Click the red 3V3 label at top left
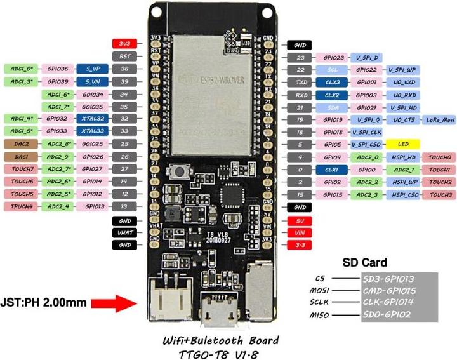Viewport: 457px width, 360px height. pyautogui.click(x=123, y=44)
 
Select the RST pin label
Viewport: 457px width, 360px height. pyautogui.click(x=123, y=56)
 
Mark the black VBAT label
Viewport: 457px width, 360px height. pyautogui.click(x=123, y=232)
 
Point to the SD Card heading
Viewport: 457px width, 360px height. pyautogui.click(x=364, y=262)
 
